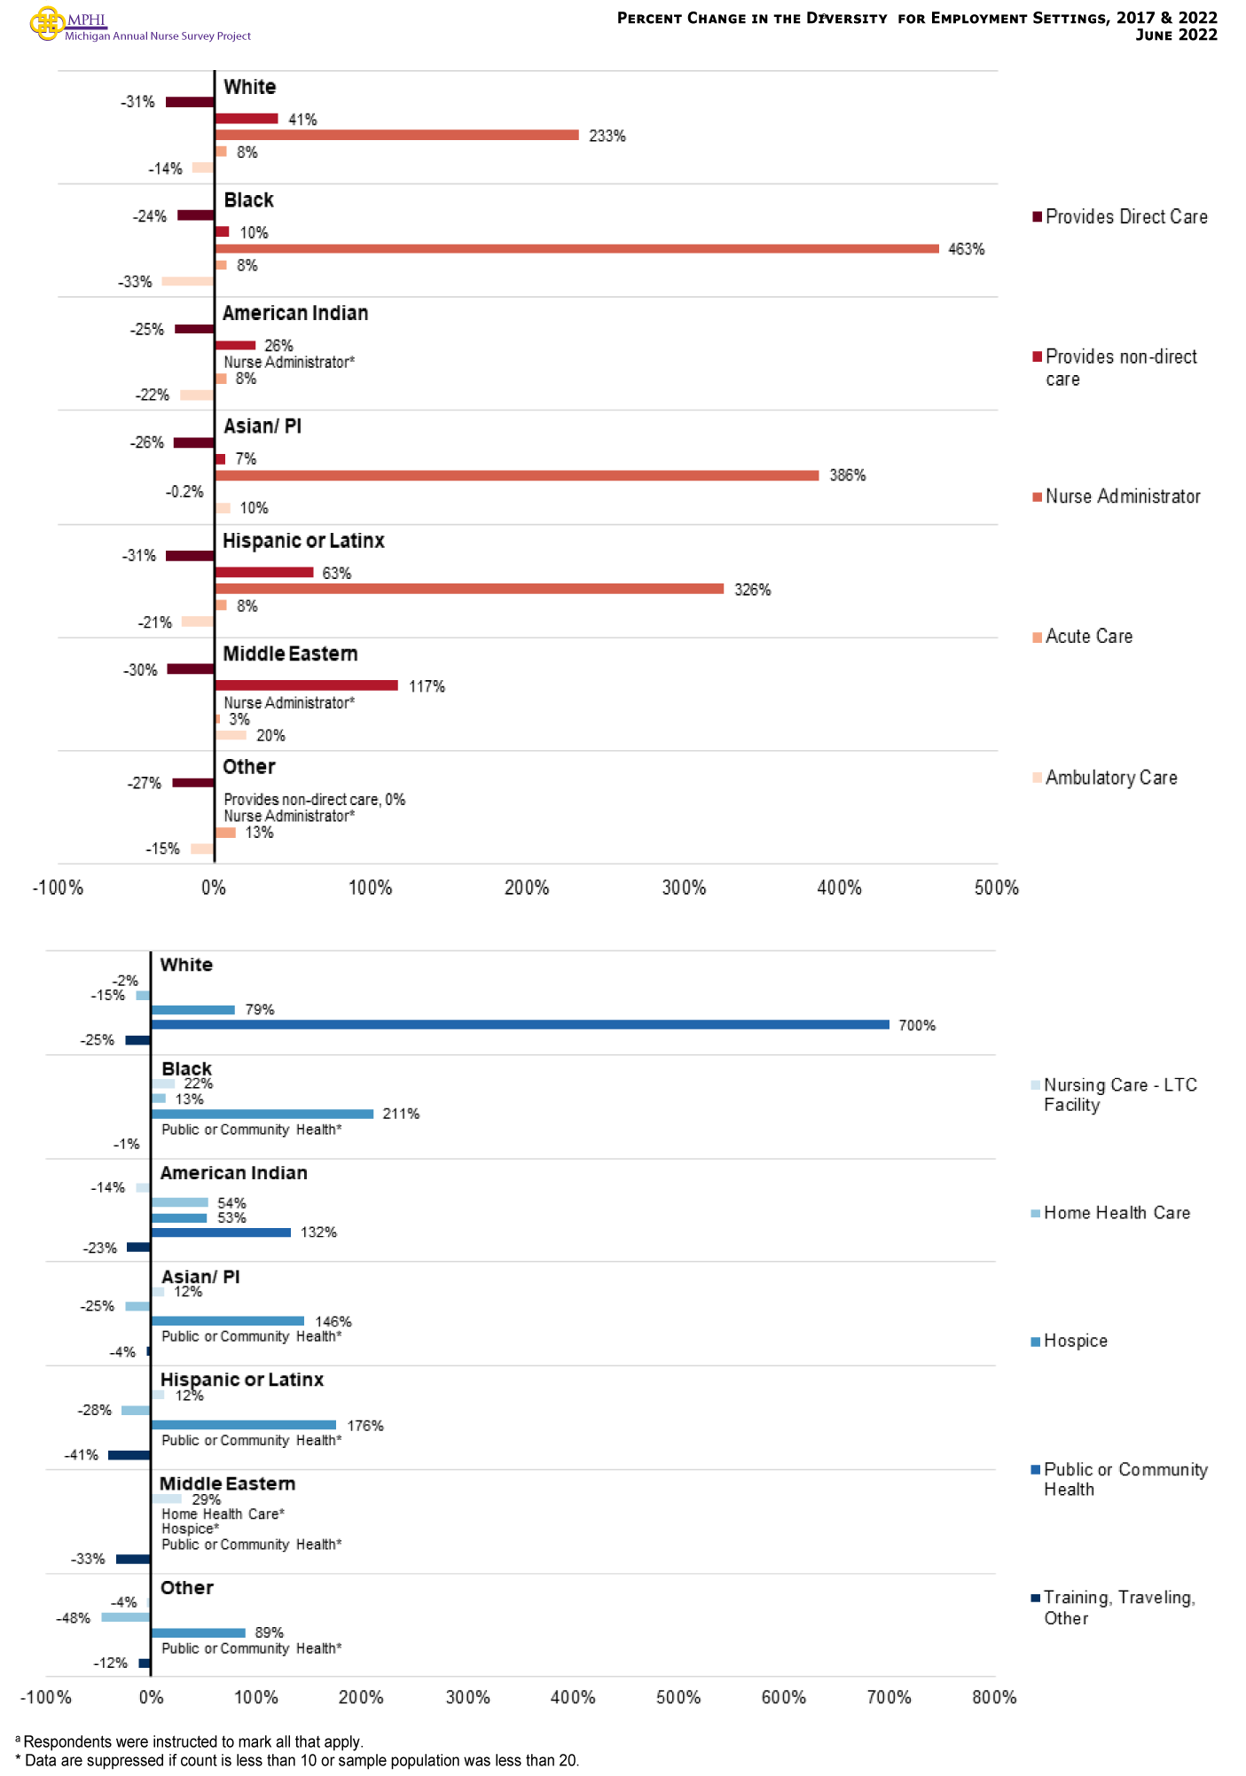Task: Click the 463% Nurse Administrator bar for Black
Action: click(576, 248)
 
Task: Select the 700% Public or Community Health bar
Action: click(520, 1024)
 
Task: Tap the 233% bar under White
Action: click(396, 135)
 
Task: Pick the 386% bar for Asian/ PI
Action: click(516, 475)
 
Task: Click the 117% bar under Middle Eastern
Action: click(306, 685)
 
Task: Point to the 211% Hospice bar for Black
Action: click(262, 1114)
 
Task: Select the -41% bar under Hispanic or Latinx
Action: click(129, 1455)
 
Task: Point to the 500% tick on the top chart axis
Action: click(996, 888)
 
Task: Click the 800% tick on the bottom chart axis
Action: click(994, 1697)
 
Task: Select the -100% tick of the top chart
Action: click(58, 888)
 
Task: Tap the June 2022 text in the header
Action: click(1176, 35)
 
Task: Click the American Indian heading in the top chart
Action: click(295, 313)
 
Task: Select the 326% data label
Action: click(752, 590)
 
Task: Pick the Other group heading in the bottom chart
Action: click(187, 1587)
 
